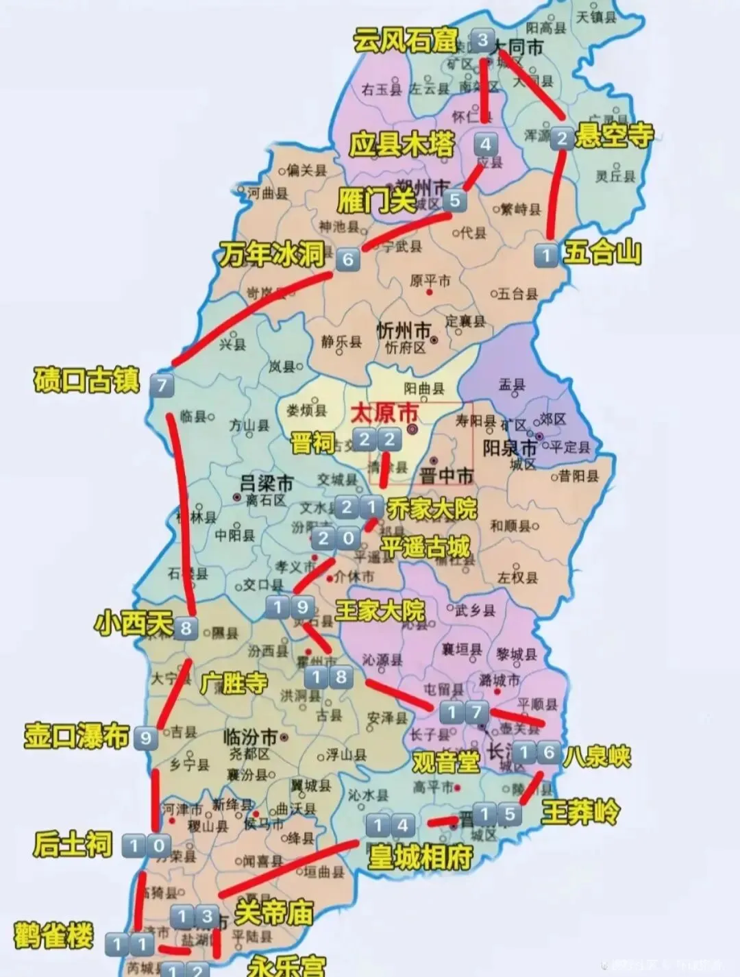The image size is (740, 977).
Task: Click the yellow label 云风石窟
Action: (x=406, y=41)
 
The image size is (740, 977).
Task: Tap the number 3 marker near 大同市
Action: (x=483, y=40)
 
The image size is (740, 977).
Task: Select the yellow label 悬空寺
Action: (x=614, y=136)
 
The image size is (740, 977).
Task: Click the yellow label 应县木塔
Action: (x=402, y=145)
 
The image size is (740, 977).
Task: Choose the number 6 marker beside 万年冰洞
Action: (x=347, y=260)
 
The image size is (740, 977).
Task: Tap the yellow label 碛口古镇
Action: (x=86, y=381)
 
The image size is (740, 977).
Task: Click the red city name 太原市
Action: (x=384, y=414)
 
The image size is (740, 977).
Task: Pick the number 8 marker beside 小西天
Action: (x=186, y=628)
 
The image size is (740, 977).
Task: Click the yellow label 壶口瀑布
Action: (x=77, y=736)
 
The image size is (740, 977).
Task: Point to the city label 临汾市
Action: (x=251, y=737)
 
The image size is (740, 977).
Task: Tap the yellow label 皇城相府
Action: (x=420, y=856)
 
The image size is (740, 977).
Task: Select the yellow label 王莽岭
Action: (x=580, y=813)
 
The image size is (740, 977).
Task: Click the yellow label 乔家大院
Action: (x=432, y=509)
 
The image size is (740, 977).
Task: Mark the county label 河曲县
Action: (x=267, y=193)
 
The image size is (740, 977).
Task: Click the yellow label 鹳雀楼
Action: (x=53, y=936)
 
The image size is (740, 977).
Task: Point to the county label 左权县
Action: (x=518, y=578)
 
